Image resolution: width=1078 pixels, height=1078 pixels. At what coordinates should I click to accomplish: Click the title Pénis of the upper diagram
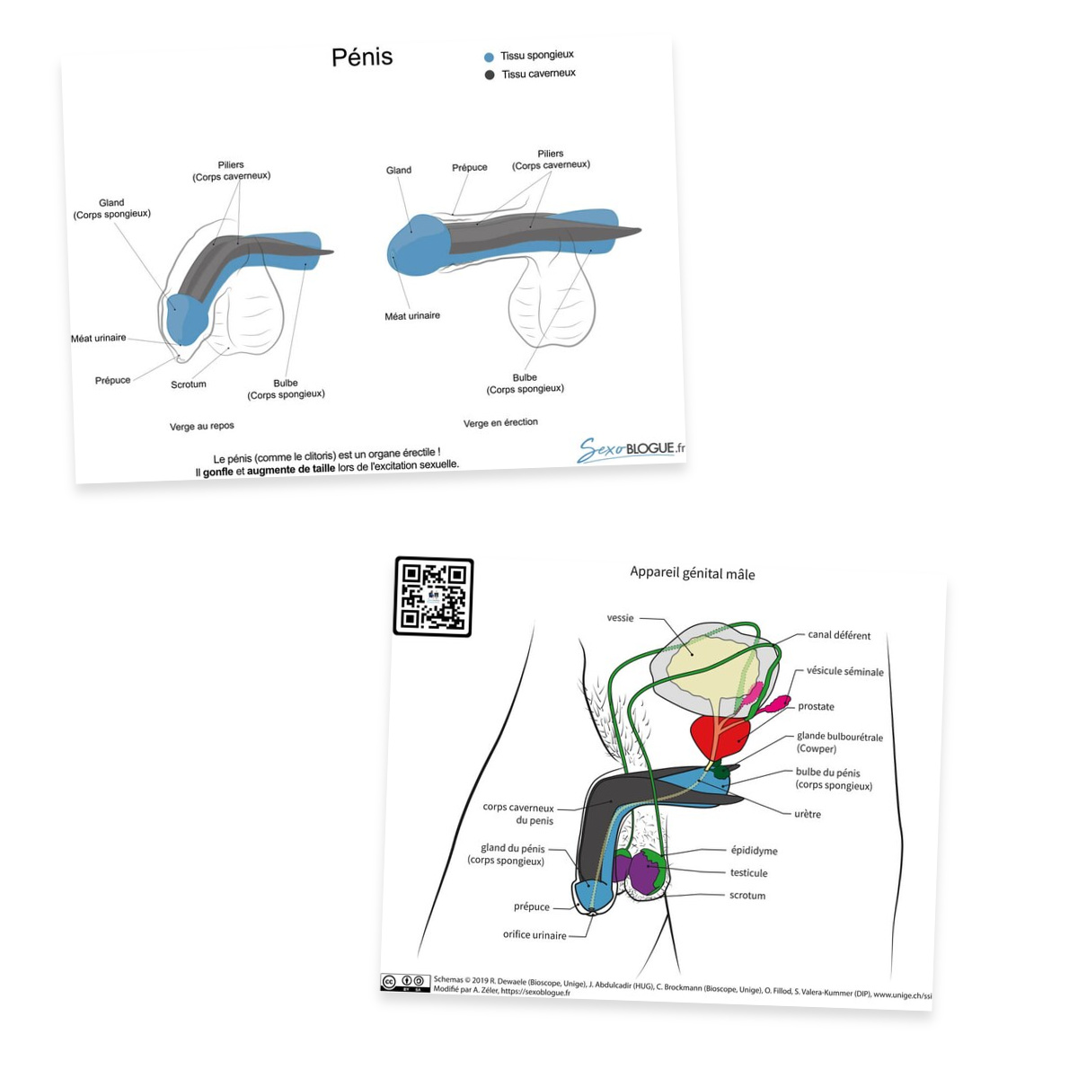[362, 57]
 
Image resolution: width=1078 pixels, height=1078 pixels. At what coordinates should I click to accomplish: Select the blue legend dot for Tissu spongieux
[489, 57]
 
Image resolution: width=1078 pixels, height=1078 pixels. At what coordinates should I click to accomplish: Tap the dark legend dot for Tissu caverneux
[490, 75]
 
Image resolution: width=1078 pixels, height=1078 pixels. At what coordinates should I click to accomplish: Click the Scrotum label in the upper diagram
[189, 384]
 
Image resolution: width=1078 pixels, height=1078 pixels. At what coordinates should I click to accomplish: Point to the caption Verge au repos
[202, 427]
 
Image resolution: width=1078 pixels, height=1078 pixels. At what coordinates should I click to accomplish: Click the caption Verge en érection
[500, 422]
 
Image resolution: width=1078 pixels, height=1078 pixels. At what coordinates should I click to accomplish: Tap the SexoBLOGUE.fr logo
[632, 449]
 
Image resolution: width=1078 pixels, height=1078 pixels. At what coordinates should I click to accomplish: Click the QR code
[434, 596]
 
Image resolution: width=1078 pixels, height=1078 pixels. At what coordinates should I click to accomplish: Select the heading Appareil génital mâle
[693, 573]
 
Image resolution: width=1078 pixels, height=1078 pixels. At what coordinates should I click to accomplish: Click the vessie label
[621, 617]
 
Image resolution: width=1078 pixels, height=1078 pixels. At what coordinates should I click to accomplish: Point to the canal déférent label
[839, 635]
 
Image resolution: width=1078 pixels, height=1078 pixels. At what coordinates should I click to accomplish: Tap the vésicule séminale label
[845, 671]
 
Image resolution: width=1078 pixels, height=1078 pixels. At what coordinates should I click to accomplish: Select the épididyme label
[754, 851]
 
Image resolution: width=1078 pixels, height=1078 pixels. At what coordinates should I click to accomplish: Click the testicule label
[749, 872]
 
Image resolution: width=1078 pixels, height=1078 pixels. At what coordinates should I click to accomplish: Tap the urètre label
[808, 814]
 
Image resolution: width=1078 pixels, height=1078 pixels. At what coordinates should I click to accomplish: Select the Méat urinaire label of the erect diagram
[412, 316]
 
